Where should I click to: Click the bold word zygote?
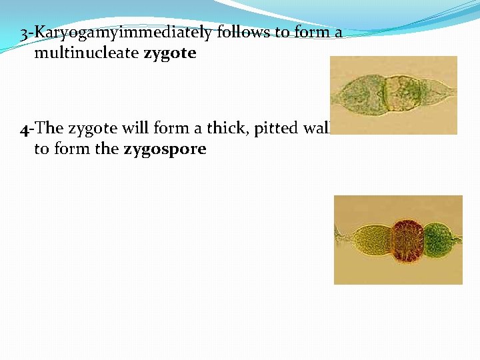(x=170, y=53)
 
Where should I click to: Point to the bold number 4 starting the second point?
(x=23, y=128)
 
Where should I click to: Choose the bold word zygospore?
(x=165, y=149)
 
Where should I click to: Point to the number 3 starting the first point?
(x=24, y=33)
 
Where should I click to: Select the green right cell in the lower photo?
(x=437, y=239)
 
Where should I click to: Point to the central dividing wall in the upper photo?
(x=387, y=94)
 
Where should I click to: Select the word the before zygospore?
(x=107, y=149)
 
